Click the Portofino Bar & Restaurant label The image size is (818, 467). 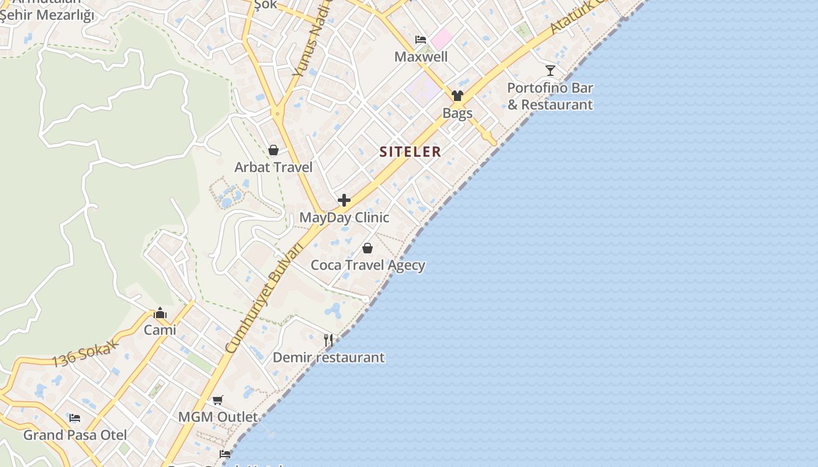[550, 96]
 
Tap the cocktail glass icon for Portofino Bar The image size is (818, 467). [550, 71]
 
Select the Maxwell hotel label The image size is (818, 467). [421, 57]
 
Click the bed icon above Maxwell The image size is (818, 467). [421, 40]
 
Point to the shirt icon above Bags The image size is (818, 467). [457, 96]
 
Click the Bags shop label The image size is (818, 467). [457, 113]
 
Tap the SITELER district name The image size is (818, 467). [410, 152]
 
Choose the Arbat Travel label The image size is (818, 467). [273, 168]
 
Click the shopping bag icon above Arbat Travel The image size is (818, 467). [273, 151]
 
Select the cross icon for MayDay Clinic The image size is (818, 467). [344, 200]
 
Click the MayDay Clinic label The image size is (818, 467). [344, 218]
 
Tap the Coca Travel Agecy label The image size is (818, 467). [368, 265]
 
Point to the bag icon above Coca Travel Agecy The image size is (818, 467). [368, 248]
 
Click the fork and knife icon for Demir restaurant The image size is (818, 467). [328, 340]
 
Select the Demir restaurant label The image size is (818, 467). [328, 357]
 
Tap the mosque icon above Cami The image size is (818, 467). [160, 313]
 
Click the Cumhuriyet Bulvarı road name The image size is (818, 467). [264, 298]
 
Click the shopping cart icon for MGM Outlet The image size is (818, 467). [218, 400]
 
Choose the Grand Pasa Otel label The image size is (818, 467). [75, 435]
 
